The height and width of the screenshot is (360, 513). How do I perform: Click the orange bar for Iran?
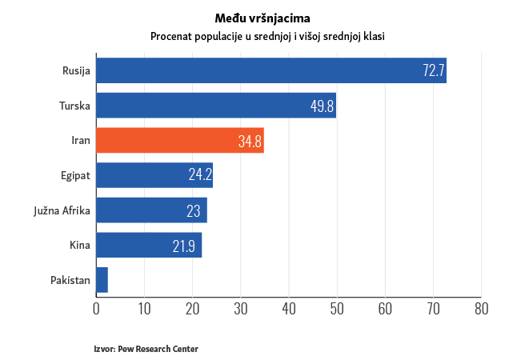click(x=179, y=141)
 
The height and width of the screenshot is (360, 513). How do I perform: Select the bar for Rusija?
click(x=271, y=70)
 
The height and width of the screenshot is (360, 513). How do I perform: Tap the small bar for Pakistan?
click(x=102, y=280)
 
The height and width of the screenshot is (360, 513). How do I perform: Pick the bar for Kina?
click(x=149, y=245)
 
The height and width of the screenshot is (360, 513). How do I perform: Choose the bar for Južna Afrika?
click(x=151, y=210)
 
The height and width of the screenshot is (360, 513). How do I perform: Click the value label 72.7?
click(x=433, y=70)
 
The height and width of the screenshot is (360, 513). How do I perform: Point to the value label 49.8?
click(x=323, y=106)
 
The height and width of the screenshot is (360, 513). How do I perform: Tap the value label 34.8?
click(x=250, y=142)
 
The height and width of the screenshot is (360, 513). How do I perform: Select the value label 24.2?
click(x=200, y=175)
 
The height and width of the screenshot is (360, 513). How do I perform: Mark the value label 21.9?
click(x=184, y=246)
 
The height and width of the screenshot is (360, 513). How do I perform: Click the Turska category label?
click(x=74, y=106)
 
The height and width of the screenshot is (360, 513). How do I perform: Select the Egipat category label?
click(x=75, y=175)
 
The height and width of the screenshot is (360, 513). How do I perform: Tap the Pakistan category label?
click(x=70, y=280)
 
